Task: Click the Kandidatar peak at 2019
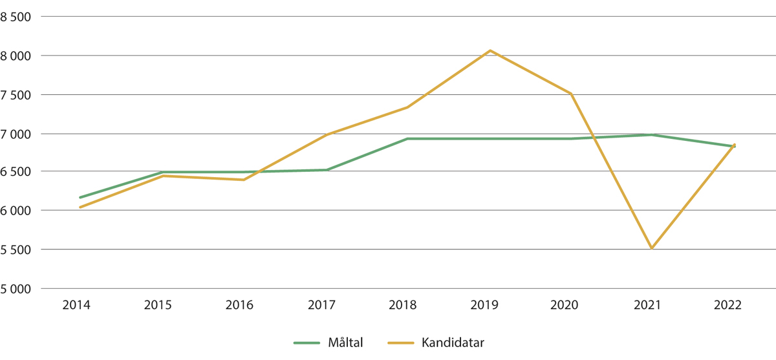490,50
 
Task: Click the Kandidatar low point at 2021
652,248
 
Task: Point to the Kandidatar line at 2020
571,94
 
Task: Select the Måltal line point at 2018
408,138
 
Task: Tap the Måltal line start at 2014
80,197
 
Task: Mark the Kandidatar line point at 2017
327,134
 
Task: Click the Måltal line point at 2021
652,134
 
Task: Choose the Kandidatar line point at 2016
244,180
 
